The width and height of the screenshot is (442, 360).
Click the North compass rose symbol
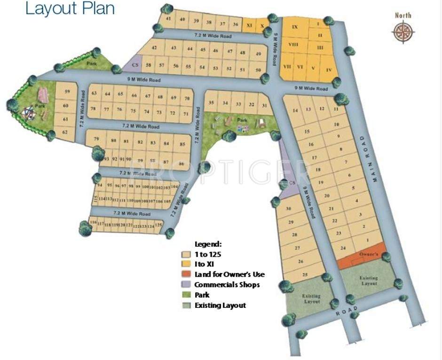(403, 31)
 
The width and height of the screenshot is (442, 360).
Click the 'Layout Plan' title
(70, 8)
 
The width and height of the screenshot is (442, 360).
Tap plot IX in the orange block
(295, 27)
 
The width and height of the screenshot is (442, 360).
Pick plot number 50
(257, 70)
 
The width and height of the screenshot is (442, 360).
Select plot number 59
(67, 92)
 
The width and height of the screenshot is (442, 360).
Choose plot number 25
(306, 274)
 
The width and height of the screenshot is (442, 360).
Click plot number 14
(295, 110)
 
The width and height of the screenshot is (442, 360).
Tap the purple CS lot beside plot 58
(135, 65)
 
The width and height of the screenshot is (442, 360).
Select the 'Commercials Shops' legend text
(227, 285)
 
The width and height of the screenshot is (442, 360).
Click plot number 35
(212, 103)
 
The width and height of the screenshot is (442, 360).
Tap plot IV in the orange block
(329, 71)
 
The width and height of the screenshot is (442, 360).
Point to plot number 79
(96, 139)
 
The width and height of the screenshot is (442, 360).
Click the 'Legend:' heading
(208, 244)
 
